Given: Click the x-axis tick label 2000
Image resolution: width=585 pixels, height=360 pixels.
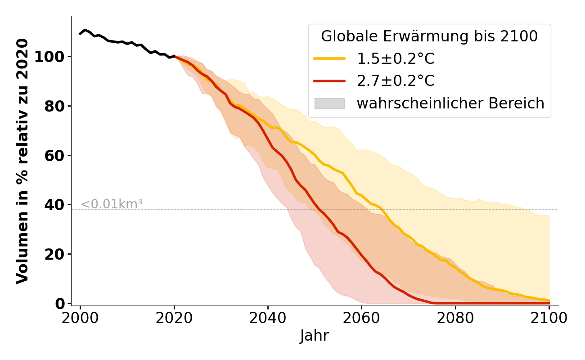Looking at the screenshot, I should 81,318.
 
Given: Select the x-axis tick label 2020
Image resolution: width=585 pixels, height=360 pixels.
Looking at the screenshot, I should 174,318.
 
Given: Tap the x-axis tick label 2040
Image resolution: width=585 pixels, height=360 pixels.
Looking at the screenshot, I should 268,318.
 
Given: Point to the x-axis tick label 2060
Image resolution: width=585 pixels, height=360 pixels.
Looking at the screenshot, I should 361,318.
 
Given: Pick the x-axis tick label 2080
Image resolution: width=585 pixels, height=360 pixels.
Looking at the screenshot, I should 455,318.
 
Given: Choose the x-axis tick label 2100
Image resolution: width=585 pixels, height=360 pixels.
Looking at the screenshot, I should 549,318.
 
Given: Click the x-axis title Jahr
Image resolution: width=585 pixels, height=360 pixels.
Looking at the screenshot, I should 315,336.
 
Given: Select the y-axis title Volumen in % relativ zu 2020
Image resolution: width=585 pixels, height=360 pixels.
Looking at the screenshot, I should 22,161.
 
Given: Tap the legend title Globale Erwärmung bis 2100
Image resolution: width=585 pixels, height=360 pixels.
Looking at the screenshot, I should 429,36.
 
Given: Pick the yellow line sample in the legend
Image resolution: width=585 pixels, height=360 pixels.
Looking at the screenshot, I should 329,58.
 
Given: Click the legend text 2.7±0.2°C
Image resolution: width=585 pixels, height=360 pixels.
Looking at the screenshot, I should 396,81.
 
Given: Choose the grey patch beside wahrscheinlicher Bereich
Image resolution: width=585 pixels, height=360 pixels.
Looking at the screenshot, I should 329,103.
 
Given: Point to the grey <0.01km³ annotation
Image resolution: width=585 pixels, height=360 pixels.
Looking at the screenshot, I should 112,204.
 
